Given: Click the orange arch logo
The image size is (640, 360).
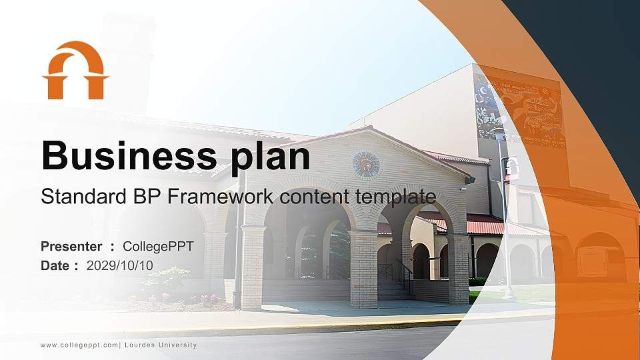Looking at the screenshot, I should click(x=75, y=71).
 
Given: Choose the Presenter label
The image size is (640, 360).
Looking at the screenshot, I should click(x=71, y=247).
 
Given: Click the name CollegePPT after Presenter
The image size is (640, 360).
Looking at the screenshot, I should click(x=158, y=247).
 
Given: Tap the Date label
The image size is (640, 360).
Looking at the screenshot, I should click(x=55, y=265).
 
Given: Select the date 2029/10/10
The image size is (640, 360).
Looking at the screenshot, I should click(x=120, y=265).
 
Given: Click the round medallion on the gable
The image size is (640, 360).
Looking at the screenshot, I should click(x=365, y=165).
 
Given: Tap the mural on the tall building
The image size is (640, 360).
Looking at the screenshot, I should click(x=520, y=110).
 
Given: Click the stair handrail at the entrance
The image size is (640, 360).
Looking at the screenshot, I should click(x=404, y=273).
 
